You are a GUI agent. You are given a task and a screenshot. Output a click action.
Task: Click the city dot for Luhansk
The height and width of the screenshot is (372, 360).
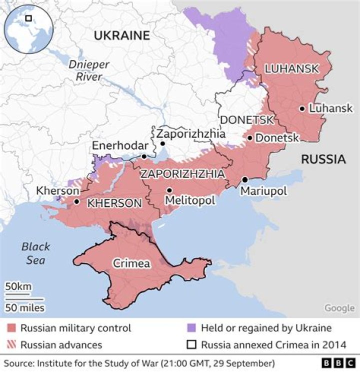(302, 108)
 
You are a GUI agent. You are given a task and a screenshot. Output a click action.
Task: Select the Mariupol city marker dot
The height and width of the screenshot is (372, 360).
(245, 180)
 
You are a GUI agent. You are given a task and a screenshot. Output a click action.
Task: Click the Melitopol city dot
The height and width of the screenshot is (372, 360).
(170, 190)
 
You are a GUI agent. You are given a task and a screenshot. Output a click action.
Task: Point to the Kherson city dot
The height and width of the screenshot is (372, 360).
(76, 202)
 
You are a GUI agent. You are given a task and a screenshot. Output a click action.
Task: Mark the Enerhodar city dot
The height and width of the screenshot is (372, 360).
(144, 157)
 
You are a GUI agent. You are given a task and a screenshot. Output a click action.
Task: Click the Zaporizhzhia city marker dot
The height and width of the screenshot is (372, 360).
(162, 144)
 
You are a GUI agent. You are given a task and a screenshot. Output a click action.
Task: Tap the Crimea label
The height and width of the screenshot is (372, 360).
(130, 263)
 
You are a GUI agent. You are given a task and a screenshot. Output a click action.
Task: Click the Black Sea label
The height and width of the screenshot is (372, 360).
(35, 253)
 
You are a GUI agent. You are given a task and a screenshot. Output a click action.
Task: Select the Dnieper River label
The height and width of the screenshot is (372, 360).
(85, 71)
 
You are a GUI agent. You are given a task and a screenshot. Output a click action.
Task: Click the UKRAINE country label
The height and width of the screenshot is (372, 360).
(122, 36)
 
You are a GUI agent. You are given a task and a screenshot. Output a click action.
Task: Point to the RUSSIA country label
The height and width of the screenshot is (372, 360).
(323, 159)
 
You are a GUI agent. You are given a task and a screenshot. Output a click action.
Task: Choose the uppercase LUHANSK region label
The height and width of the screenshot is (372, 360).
(290, 69)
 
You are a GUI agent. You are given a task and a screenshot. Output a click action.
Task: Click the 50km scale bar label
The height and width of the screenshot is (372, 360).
(18, 287)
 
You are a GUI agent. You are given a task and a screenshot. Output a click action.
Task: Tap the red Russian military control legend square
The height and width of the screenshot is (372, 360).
(11, 328)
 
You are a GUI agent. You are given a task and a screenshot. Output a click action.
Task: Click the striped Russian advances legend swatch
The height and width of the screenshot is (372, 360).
(11, 344)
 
